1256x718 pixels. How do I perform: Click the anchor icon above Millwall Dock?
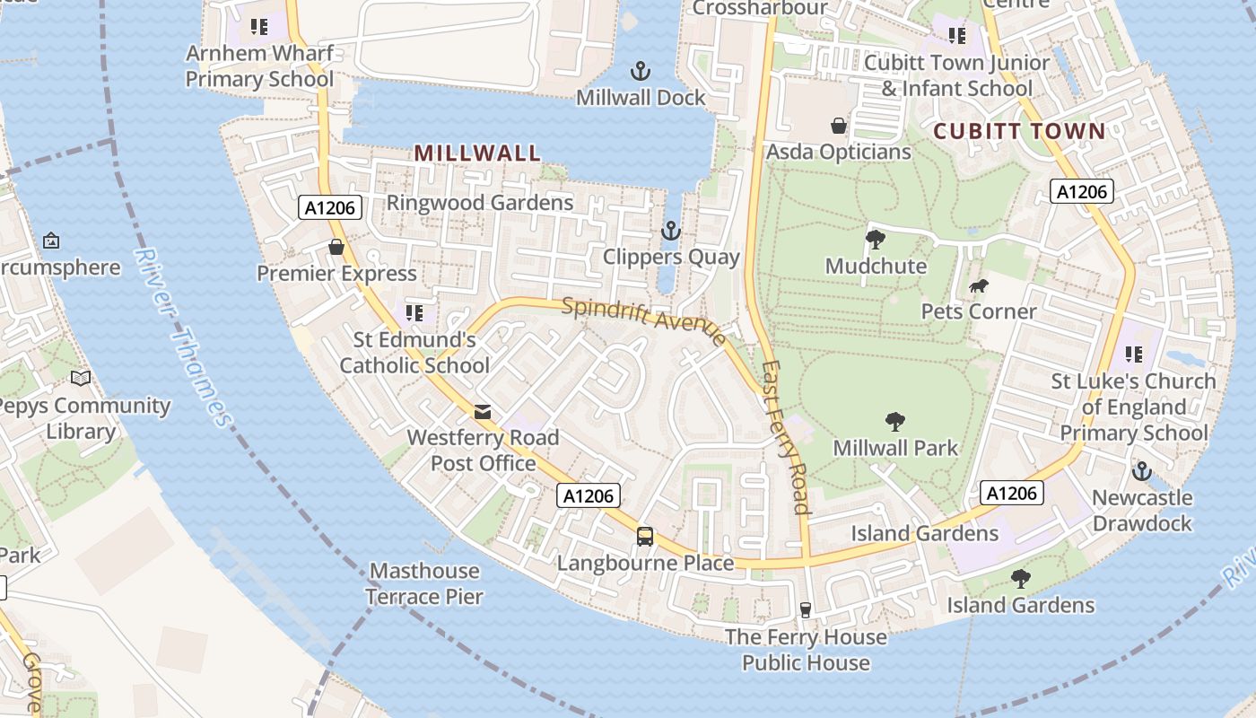pyautogui.click(x=641, y=71)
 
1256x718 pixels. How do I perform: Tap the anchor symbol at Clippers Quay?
pyautogui.click(x=670, y=232)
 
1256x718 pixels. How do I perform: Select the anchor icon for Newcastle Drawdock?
pyautogui.click(x=1141, y=471)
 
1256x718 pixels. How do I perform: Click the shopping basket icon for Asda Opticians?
pyautogui.click(x=839, y=126)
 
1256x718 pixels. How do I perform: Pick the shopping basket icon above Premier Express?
pyautogui.click(x=336, y=247)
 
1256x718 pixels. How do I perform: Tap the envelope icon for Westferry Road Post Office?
pyautogui.click(x=483, y=412)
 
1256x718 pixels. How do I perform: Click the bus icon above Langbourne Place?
pyautogui.click(x=645, y=537)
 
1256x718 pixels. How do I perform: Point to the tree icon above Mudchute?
pyautogui.click(x=876, y=239)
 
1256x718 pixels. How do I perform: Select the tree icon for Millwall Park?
pyautogui.click(x=894, y=421)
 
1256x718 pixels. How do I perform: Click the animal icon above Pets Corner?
pyautogui.click(x=979, y=286)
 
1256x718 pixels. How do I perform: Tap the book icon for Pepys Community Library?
pyautogui.click(x=81, y=379)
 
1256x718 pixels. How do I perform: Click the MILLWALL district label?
pyautogui.click(x=478, y=153)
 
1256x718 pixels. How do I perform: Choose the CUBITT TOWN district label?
pyautogui.click(x=1020, y=132)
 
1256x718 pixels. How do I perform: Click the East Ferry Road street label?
pyautogui.click(x=786, y=437)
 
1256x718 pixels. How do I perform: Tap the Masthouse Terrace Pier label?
pyautogui.click(x=424, y=583)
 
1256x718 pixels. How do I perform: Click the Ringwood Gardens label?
pyautogui.click(x=480, y=203)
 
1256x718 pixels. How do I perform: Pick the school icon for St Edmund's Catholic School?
pyautogui.click(x=414, y=313)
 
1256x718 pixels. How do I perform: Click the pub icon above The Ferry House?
pyautogui.click(x=806, y=610)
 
